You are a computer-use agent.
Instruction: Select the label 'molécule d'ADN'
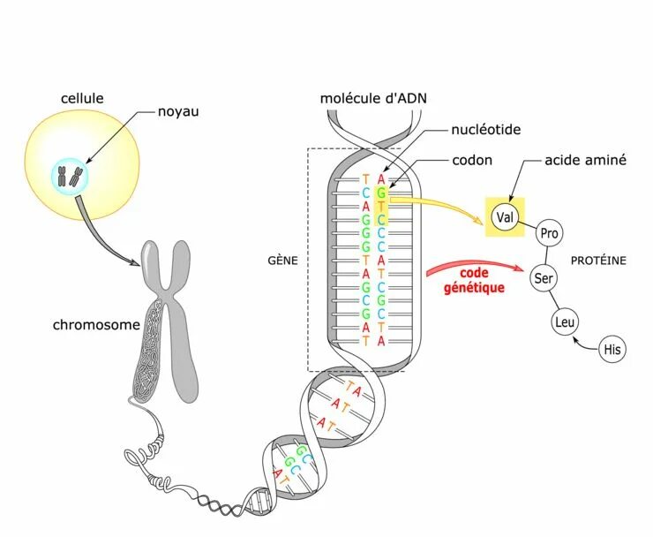click(374, 95)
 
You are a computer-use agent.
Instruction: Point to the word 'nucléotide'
click(485, 130)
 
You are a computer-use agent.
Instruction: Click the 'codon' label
click(472, 161)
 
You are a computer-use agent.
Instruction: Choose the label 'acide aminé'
click(586, 161)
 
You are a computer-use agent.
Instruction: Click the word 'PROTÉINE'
click(598, 261)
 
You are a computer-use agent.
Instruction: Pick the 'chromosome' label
click(96, 325)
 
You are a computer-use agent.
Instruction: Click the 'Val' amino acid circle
click(505, 216)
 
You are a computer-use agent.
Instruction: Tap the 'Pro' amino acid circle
click(550, 233)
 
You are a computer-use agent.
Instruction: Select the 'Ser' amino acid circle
click(544, 279)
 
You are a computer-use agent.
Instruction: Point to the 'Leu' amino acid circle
click(564, 322)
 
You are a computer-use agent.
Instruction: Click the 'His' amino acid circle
click(612, 350)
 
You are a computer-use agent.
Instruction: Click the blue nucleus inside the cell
click(70, 175)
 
